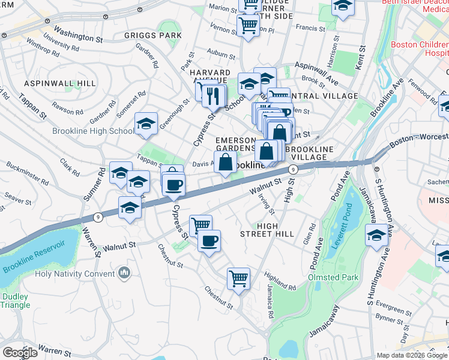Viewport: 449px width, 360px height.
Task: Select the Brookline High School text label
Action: point(94,131)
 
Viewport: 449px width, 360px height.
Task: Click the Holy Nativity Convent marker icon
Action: point(124,274)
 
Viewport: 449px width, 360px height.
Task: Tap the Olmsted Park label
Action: point(333,277)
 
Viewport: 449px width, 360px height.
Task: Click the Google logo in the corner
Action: point(20,352)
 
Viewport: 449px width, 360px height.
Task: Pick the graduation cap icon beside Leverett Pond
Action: point(377,235)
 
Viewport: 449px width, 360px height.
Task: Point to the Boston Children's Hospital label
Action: point(419,49)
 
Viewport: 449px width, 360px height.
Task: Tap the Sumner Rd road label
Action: point(103,182)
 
